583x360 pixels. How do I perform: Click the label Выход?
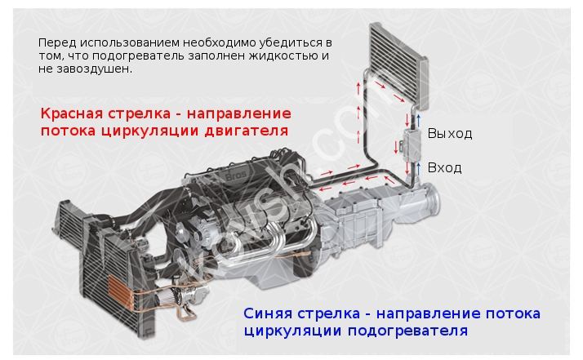[x=450, y=134]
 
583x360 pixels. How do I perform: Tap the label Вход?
[x=444, y=167]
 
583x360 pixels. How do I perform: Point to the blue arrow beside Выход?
[x=419, y=121]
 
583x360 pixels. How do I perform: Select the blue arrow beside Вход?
[x=419, y=168]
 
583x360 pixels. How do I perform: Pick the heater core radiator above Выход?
[x=398, y=65]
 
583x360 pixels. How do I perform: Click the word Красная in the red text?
[x=71, y=113]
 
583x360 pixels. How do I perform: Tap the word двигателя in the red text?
[x=246, y=131]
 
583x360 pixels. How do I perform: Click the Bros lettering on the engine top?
[x=236, y=176]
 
